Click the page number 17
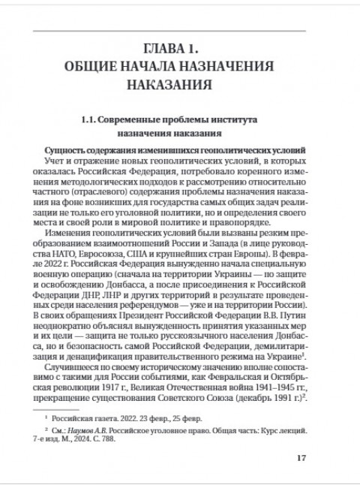click(301, 459)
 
